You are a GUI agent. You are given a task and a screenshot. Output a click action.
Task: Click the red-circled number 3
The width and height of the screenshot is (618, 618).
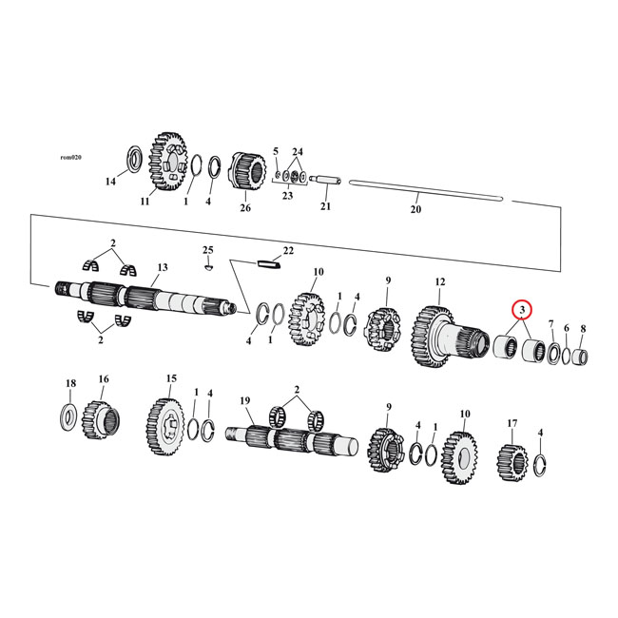522,310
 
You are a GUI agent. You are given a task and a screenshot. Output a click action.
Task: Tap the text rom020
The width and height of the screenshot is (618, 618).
71,158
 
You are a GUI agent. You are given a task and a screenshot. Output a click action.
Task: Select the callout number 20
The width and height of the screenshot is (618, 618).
415,210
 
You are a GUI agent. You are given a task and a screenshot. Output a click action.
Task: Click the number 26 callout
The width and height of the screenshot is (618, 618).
245,208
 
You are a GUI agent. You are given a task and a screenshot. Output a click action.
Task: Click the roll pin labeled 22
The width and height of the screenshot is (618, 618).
267,265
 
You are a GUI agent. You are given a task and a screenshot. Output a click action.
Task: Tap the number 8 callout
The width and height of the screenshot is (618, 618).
583,329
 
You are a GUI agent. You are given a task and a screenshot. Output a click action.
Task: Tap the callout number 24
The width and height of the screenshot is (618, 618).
298,152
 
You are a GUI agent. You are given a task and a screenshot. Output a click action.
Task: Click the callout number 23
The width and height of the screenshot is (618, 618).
287,196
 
